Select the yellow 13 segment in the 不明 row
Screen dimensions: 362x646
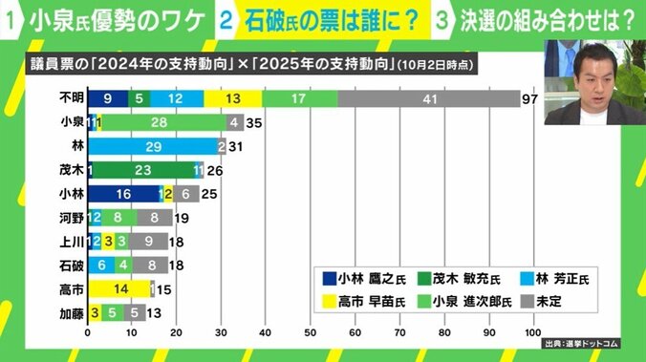[x=233, y=98]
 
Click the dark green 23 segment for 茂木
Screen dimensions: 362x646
[x=142, y=170]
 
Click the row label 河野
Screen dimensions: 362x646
[x=70, y=218]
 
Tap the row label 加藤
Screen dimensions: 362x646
[x=70, y=312]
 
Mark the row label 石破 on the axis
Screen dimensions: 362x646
[x=70, y=265]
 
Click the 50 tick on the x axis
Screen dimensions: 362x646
[x=310, y=333]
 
